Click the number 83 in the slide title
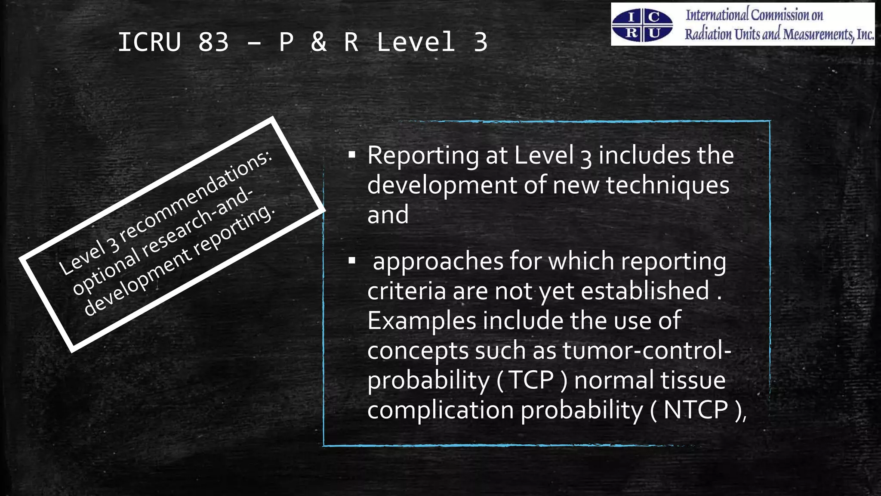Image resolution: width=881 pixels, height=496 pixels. click(x=213, y=42)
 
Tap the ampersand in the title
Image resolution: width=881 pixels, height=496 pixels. click(x=318, y=42)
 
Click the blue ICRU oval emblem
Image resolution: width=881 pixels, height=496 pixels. click(x=642, y=25)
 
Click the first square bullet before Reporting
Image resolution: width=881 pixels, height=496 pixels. click(x=352, y=155)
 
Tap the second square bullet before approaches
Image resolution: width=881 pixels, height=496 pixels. click(x=352, y=260)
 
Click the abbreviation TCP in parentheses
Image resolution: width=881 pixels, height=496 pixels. click(x=531, y=380)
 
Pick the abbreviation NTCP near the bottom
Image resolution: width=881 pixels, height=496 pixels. click(x=696, y=410)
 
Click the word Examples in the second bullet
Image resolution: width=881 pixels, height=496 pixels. click(x=422, y=321)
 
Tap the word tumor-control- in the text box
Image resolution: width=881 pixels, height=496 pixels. click(x=647, y=350)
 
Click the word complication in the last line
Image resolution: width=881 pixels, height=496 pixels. click(x=440, y=410)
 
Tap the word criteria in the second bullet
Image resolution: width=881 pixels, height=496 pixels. click(x=406, y=291)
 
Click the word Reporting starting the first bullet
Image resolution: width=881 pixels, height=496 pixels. click(x=423, y=155)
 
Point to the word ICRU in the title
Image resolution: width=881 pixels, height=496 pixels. click(x=149, y=42)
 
